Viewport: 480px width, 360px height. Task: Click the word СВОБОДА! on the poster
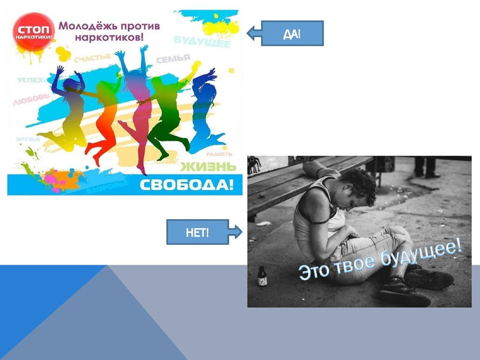pos(186,185)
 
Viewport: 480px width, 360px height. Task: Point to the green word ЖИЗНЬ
pos(204,166)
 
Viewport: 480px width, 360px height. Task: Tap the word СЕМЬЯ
pos(173,59)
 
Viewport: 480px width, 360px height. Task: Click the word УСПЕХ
pos(30,80)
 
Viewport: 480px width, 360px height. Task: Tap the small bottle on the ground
pos(262,277)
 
